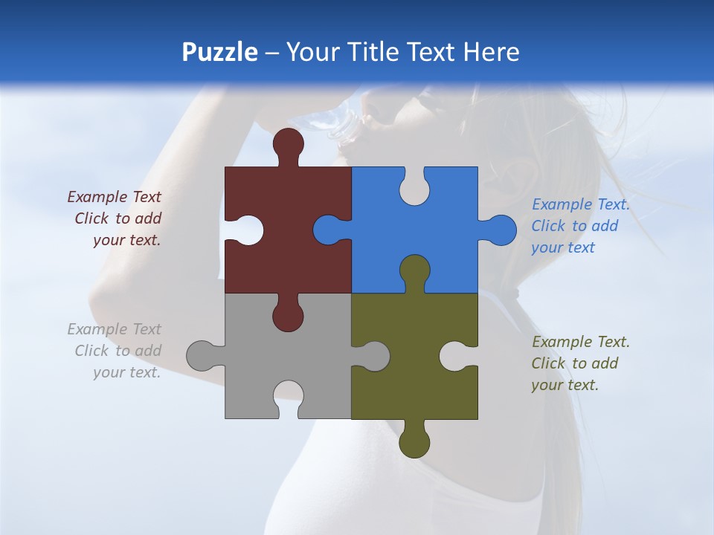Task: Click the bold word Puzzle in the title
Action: click(219, 52)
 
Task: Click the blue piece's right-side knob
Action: click(500, 230)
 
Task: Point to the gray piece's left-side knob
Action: click(202, 356)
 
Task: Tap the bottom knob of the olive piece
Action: click(414, 441)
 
